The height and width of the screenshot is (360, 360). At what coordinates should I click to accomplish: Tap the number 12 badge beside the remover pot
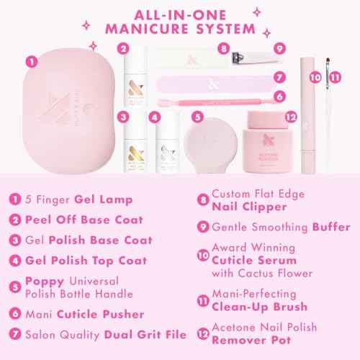[290, 116]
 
